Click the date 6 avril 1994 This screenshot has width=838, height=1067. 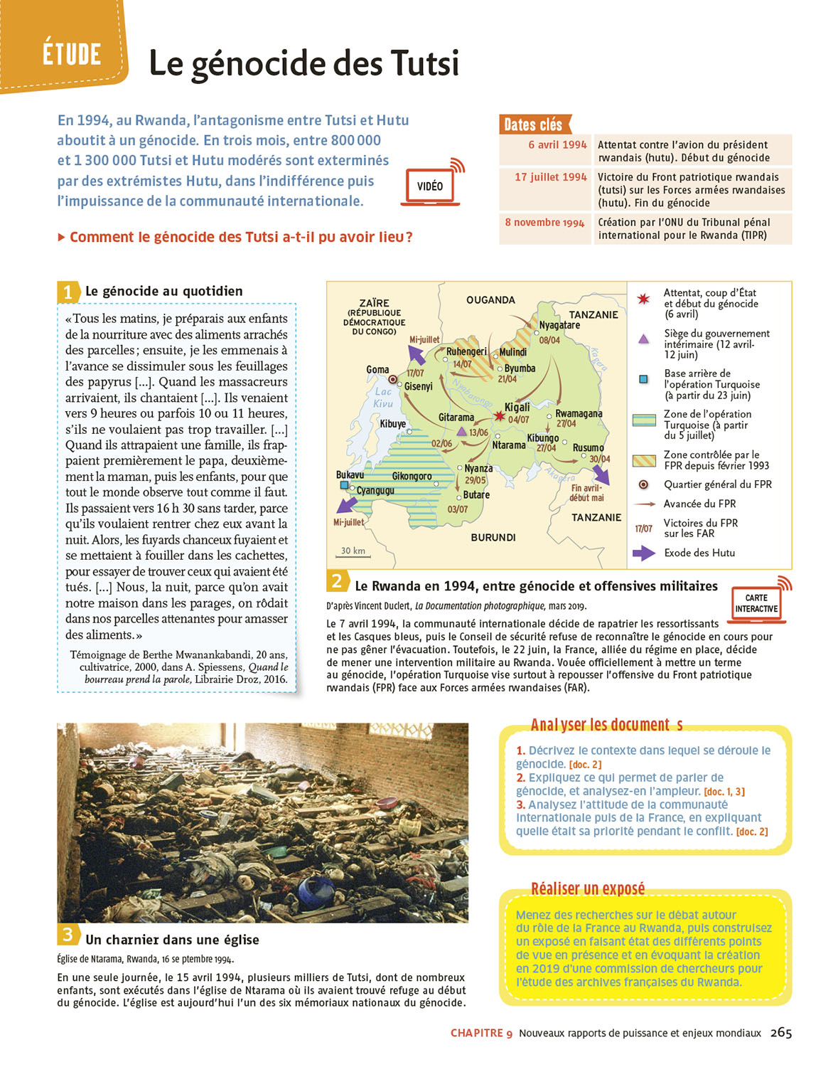click(x=557, y=144)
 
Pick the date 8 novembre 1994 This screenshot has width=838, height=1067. click(x=544, y=223)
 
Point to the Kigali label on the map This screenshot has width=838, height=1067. click(x=517, y=407)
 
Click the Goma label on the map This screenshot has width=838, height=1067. click(x=377, y=369)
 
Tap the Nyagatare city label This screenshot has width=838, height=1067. click(x=559, y=325)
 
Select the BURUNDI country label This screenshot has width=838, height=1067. click(x=493, y=537)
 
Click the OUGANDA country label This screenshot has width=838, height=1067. click(x=490, y=300)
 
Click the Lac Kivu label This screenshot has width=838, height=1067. click(x=383, y=397)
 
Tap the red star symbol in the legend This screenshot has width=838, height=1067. click(x=644, y=299)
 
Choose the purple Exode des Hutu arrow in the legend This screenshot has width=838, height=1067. click(x=643, y=553)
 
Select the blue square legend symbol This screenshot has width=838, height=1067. click(x=643, y=379)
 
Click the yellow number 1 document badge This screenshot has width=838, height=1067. click(x=68, y=292)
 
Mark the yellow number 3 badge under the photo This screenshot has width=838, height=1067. click(x=68, y=934)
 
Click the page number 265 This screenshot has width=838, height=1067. click(x=780, y=1033)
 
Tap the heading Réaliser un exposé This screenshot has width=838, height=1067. click(x=588, y=888)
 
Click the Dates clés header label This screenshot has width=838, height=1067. click(x=534, y=125)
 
